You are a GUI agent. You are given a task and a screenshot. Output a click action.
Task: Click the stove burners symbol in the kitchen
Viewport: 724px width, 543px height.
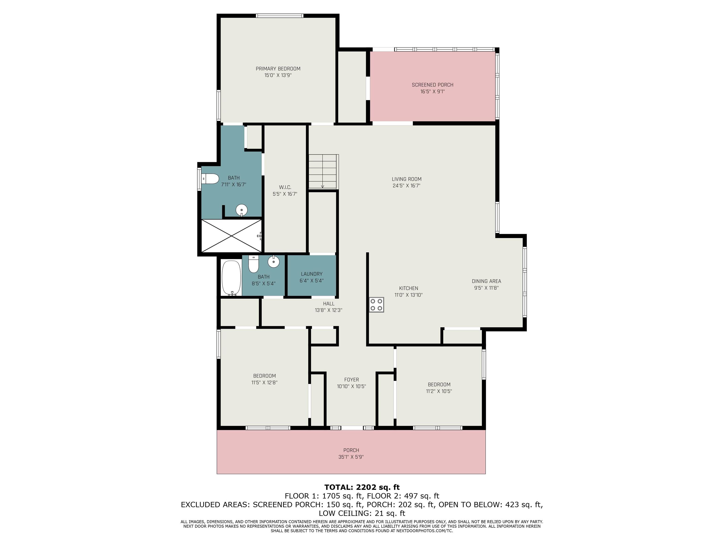(x=376, y=304)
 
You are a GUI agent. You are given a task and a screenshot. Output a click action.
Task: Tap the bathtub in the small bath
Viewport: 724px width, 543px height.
(x=231, y=278)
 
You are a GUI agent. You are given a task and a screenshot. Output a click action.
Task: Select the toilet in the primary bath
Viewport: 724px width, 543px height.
(x=210, y=179)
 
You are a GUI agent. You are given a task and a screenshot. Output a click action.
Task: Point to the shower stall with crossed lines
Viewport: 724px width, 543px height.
(x=231, y=236)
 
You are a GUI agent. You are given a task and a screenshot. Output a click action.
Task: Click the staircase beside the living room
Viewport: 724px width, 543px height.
(x=323, y=172)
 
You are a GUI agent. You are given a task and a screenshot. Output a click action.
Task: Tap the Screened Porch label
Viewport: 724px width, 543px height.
(x=432, y=85)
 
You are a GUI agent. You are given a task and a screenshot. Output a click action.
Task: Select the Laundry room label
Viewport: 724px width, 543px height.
(x=312, y=274)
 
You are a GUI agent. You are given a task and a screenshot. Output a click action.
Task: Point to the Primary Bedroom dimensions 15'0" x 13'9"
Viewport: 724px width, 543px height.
(x=278, y=75)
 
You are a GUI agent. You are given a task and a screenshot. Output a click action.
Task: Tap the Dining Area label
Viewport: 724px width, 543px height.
(x=486, y=281)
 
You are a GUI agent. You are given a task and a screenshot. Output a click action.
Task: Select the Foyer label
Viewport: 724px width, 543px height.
(x=352, y=380)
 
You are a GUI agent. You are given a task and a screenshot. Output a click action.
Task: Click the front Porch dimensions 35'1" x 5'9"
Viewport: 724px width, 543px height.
(x=351, y=457)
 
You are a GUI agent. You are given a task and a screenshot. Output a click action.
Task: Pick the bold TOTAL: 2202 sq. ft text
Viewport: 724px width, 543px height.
(x=362, y=487)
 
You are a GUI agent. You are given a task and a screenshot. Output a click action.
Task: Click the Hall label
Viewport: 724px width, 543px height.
(x=329, y=304)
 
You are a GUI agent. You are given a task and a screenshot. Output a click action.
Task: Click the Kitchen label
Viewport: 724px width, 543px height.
(x=408, y=288)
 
